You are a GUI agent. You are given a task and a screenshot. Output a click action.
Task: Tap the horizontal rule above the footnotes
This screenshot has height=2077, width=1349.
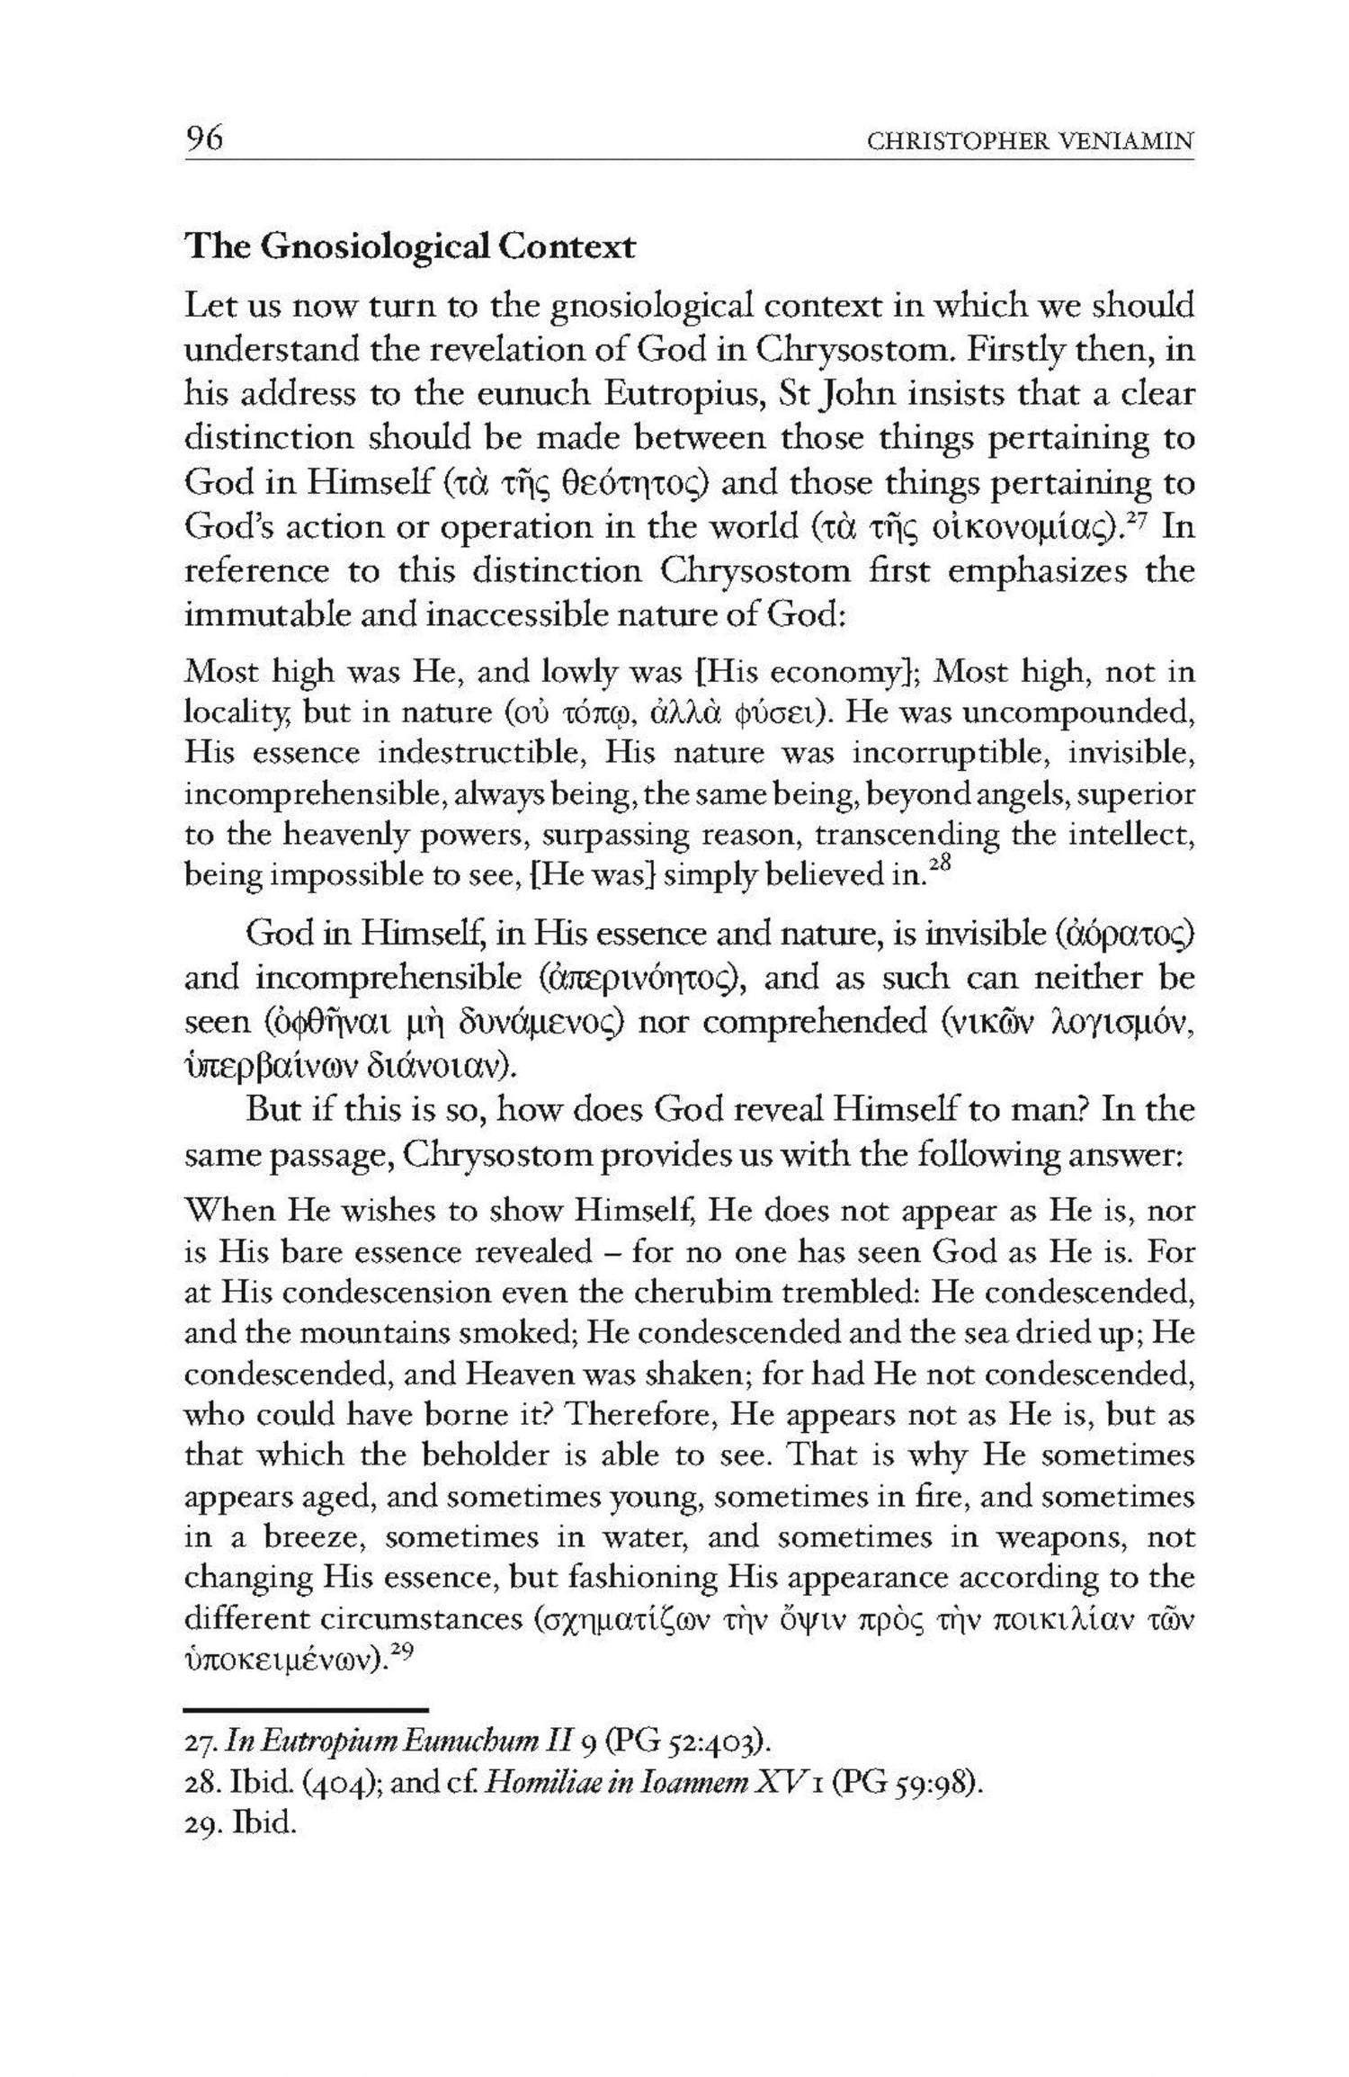click(x=306, y=1709)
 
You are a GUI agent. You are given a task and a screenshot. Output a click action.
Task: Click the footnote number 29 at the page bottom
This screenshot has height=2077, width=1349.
click(x=203, y=1826)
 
